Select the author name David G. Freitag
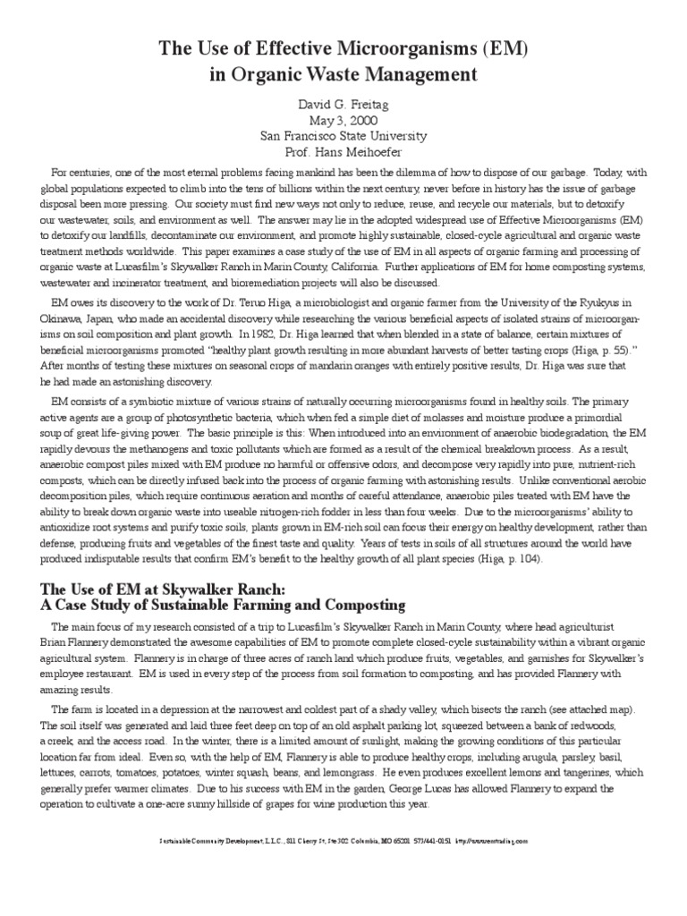343,105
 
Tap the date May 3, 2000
343,121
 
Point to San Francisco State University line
343,137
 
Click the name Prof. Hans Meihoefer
343,153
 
